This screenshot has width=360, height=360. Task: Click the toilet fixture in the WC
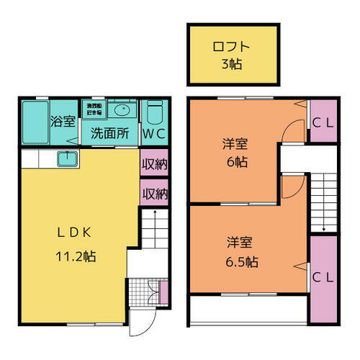[154, 114]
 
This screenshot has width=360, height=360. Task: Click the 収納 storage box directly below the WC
[153, 163]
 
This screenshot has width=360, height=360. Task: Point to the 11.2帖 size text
[75, 256]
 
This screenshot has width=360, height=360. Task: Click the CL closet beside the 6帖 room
[321, 123]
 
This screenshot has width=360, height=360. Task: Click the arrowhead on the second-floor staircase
[323, 230]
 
